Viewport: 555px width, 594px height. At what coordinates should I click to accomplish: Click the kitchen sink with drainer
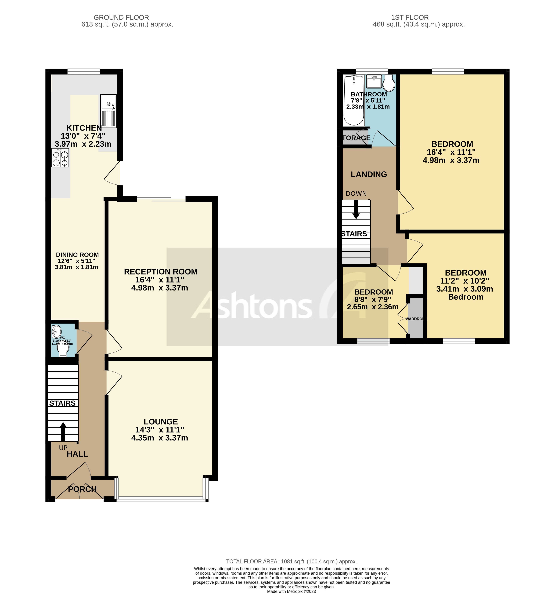click(x=108, y=111)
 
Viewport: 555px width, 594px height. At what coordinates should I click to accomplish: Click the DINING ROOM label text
click(x=77, y=255)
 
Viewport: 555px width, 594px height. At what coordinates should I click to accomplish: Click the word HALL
click(x=77, y=454)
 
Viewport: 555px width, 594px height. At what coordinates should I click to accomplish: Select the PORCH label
click(x=82, y=489)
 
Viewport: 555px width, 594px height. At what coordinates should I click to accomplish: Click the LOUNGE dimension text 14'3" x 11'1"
click(x=160, y=430)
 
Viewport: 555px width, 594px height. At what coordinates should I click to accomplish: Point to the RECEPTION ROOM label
click(x=161, y=272)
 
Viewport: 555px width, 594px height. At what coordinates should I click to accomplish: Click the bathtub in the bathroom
click(x=354, y=101)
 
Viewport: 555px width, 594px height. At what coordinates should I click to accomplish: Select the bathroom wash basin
click(x=374, y=81)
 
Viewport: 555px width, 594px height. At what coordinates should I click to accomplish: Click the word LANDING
click(x=369, y=174)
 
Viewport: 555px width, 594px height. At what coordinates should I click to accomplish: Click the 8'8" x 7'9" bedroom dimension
click(x=373, y=299)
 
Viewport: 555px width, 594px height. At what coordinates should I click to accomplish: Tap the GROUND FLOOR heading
click(x=121, y=17)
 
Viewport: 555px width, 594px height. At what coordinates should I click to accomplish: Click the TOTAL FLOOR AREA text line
click(x=291, y=561)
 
